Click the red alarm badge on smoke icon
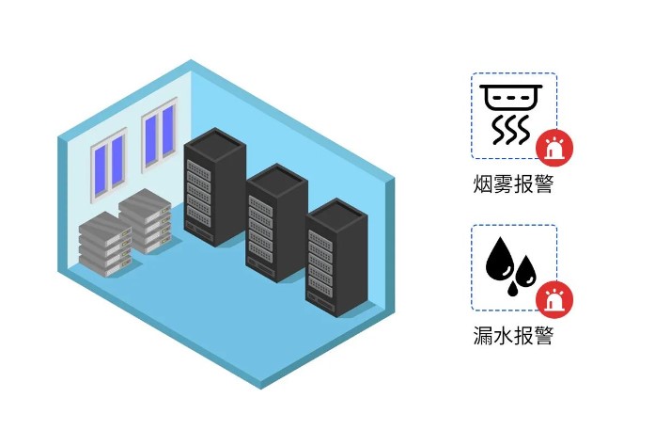pyautogui.click(x=554, y=149)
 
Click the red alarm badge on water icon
pyautogui.click(x=554, y=300)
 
